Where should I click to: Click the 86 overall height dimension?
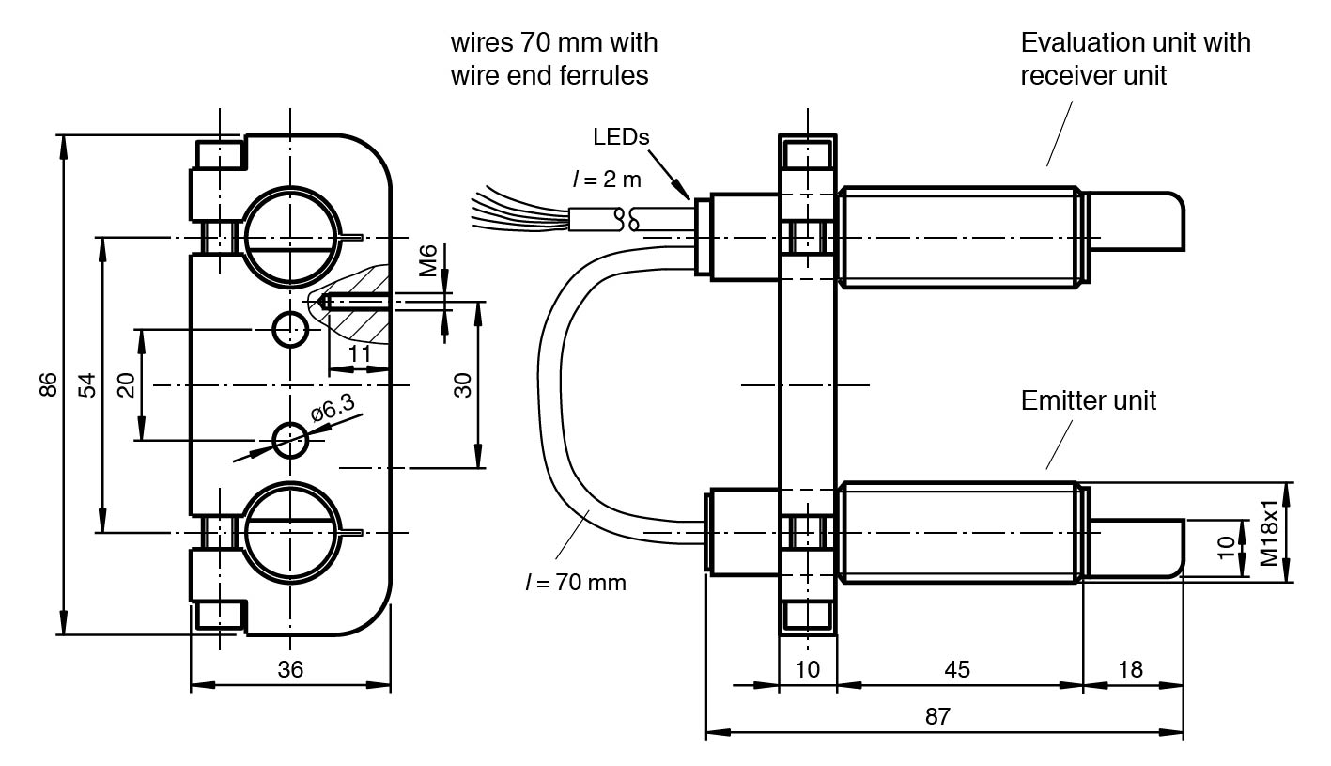coord(48,384)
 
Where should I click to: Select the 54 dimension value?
coord(87,384)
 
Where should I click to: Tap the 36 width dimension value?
coord(290,669)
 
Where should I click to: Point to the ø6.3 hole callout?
coord(333,407)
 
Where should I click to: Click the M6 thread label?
coord(427,260)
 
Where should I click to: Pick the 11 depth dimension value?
coord(360,353)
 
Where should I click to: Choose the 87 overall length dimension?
coord(937,716)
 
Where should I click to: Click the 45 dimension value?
coord(957,669)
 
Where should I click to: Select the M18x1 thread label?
coord(1269,533)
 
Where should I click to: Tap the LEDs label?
coord(621,137)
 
